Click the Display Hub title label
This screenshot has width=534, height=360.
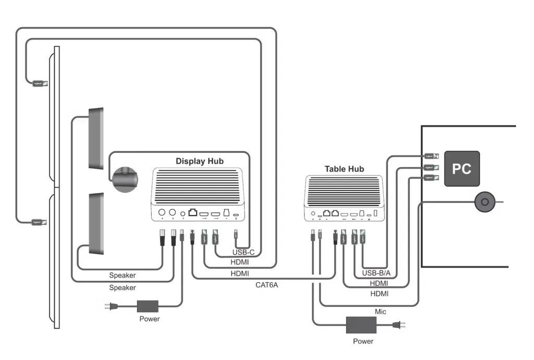click(x=199, y=161)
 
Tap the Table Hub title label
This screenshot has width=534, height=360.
click(x=344, y=169)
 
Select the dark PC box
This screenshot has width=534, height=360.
click(x=462, y=169)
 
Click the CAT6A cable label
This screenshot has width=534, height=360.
click(x=266, y=285)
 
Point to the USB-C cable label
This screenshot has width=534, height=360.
click(x=243, y=253)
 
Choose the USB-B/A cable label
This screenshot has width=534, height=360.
click(x=372, y=273)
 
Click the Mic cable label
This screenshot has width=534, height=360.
click(x=381, y=311)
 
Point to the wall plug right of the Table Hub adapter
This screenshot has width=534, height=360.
click(x=399, y=326)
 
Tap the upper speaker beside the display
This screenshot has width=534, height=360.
click(x=96, y=138)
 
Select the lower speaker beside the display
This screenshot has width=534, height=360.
click(x=96, y=223)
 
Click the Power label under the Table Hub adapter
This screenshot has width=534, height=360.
click(x=363, y=341)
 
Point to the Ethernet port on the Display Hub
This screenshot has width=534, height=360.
click(x=193, y=213)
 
